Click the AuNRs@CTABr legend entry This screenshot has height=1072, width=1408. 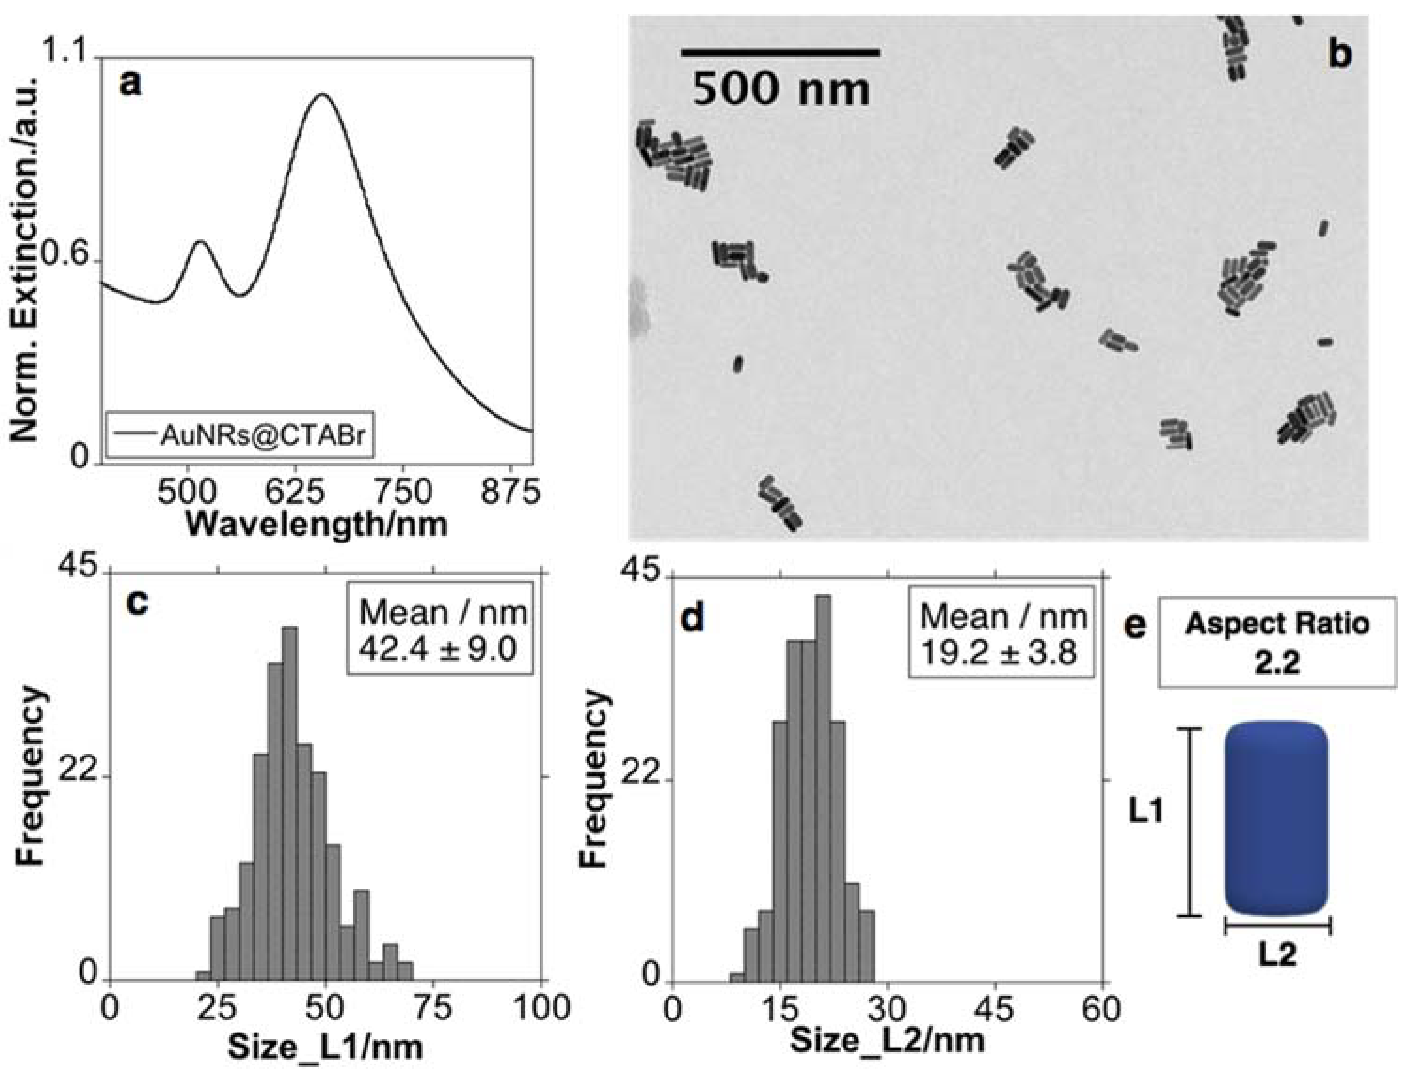point(238,435)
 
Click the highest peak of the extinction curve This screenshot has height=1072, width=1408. point(323,95)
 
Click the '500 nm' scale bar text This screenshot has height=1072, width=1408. point(781,89)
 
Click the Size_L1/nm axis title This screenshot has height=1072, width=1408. point(326,1047)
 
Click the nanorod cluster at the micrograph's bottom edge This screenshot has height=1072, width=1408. point(780,504)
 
